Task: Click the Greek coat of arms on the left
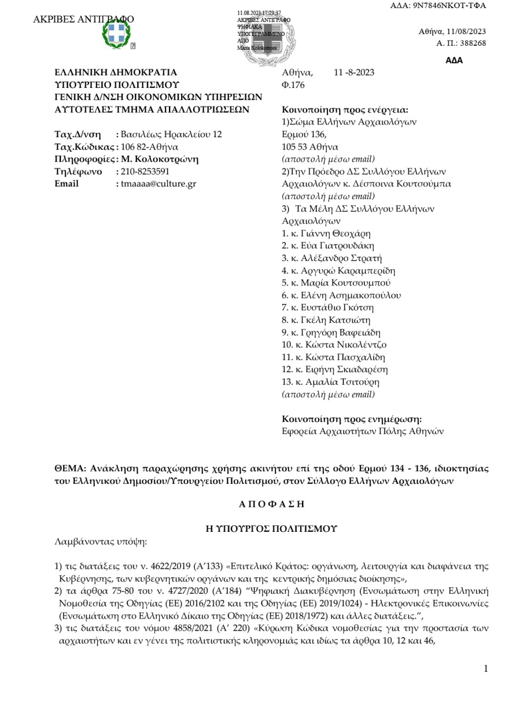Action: coord(116,34)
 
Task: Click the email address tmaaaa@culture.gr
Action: coord(158,183)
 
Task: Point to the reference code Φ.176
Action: coord(293,84)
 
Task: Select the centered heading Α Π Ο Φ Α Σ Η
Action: coord(271,503)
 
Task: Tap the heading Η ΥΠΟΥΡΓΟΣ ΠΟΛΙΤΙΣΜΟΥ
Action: coord(272,528)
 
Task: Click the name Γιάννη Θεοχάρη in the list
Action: coord(338,233)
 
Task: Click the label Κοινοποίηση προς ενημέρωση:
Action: coord(351,419)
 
